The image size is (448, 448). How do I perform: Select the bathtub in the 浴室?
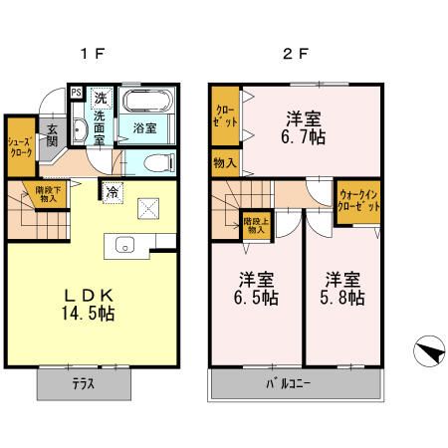147,104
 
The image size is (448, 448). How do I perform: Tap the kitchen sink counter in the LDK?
125,245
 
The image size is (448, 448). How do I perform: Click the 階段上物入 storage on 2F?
256,224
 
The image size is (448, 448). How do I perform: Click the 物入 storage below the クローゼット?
225,161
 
